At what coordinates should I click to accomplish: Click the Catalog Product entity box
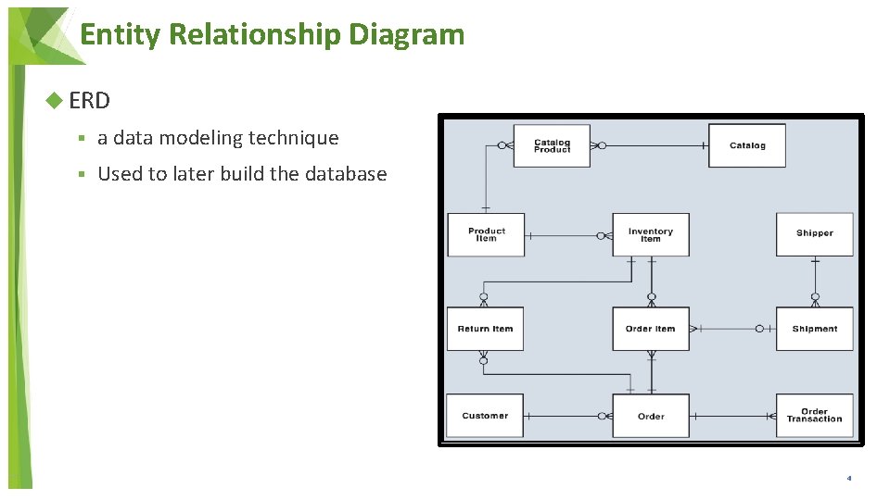[552, 146]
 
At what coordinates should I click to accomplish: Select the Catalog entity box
[746, 146]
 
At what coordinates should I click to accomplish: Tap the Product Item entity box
[486, 235]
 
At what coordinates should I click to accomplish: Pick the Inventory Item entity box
[650, 235]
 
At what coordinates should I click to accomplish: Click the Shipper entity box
[814, 234]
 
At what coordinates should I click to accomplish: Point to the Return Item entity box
[485, 329]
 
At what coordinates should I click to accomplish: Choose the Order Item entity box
[650, 329]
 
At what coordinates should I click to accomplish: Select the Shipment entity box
[814, 329]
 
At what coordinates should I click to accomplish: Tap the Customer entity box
[485, 416]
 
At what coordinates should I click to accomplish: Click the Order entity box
[650, 416]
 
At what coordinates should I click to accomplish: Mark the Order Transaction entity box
[814, 416]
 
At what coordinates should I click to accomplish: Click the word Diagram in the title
[407, 35]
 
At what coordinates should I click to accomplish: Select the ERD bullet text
[89, 100]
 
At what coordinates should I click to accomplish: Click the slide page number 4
[848, 479]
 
